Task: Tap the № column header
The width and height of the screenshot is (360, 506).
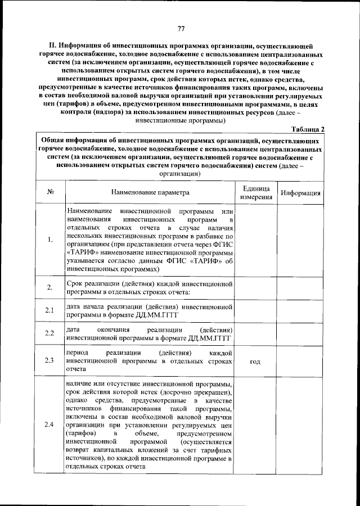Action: click(x=50, y=192)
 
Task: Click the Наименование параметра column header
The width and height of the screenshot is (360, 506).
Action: click(x=150, y=192)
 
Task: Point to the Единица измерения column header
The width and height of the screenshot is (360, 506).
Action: click(x=255, y=192)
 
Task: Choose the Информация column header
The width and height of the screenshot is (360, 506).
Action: click(x=301, y=192)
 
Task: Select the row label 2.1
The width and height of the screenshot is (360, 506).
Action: click(x=50, y=310)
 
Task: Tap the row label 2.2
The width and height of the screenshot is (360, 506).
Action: click(x=50, y=333)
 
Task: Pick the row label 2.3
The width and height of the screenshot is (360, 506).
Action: click(x=50, y=361)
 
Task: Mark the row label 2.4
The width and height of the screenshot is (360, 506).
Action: click(x=50, y=424)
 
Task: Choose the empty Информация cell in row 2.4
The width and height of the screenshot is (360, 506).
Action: click(x=301, y=424)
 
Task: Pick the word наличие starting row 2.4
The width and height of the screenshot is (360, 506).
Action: click(x=80, y=383)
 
